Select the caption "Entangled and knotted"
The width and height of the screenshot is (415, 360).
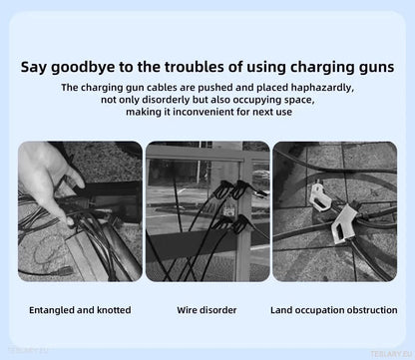tap(80, 310)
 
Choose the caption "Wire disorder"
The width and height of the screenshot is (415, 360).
tap(207, 310)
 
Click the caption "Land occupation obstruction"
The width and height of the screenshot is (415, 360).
tap(333, 310)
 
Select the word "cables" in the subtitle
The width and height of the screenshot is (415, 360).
tap(165, 88)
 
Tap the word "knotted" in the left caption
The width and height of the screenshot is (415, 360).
tap(112, 310)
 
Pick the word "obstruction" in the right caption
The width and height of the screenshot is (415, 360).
tap(369, 310)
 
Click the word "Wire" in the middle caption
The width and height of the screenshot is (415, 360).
tap(189, 310)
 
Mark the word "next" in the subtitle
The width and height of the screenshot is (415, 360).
tap(262, 114)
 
